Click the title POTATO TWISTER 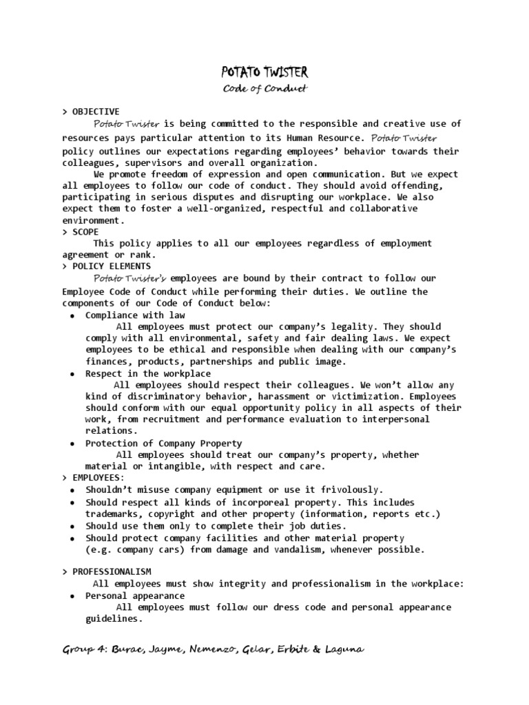tap(264, 72)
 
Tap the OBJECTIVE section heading tap(96, 112)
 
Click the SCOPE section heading tap(85, 232)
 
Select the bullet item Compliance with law tap(135, 315)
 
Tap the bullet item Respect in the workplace tap(148, 373)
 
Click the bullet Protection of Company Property tap(163, 443)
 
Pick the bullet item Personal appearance tap(135, 596)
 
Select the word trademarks tap(112, 514)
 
